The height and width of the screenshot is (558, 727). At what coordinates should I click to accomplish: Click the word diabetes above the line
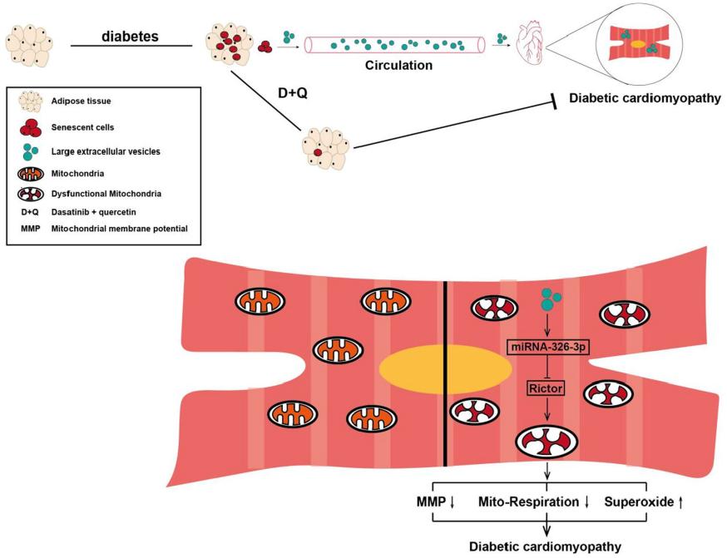pyautogui.click(x=130, y=37)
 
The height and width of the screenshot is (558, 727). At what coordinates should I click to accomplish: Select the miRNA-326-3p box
pyautogui.click(x=547, y=345)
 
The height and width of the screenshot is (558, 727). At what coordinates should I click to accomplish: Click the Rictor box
pyautogui.click(x=547, y=387)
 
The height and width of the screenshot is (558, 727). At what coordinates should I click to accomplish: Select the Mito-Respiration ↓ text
pyautogui.click(x=535, y=502)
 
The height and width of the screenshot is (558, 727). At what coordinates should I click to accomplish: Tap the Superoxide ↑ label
pyautogui.click(x=645, y=502)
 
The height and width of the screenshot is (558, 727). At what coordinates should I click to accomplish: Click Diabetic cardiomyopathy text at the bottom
pyautogui.click(x=546, y=546)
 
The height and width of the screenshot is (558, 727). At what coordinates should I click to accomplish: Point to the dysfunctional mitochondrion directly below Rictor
pyautogui.click(x=546, y=442)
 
